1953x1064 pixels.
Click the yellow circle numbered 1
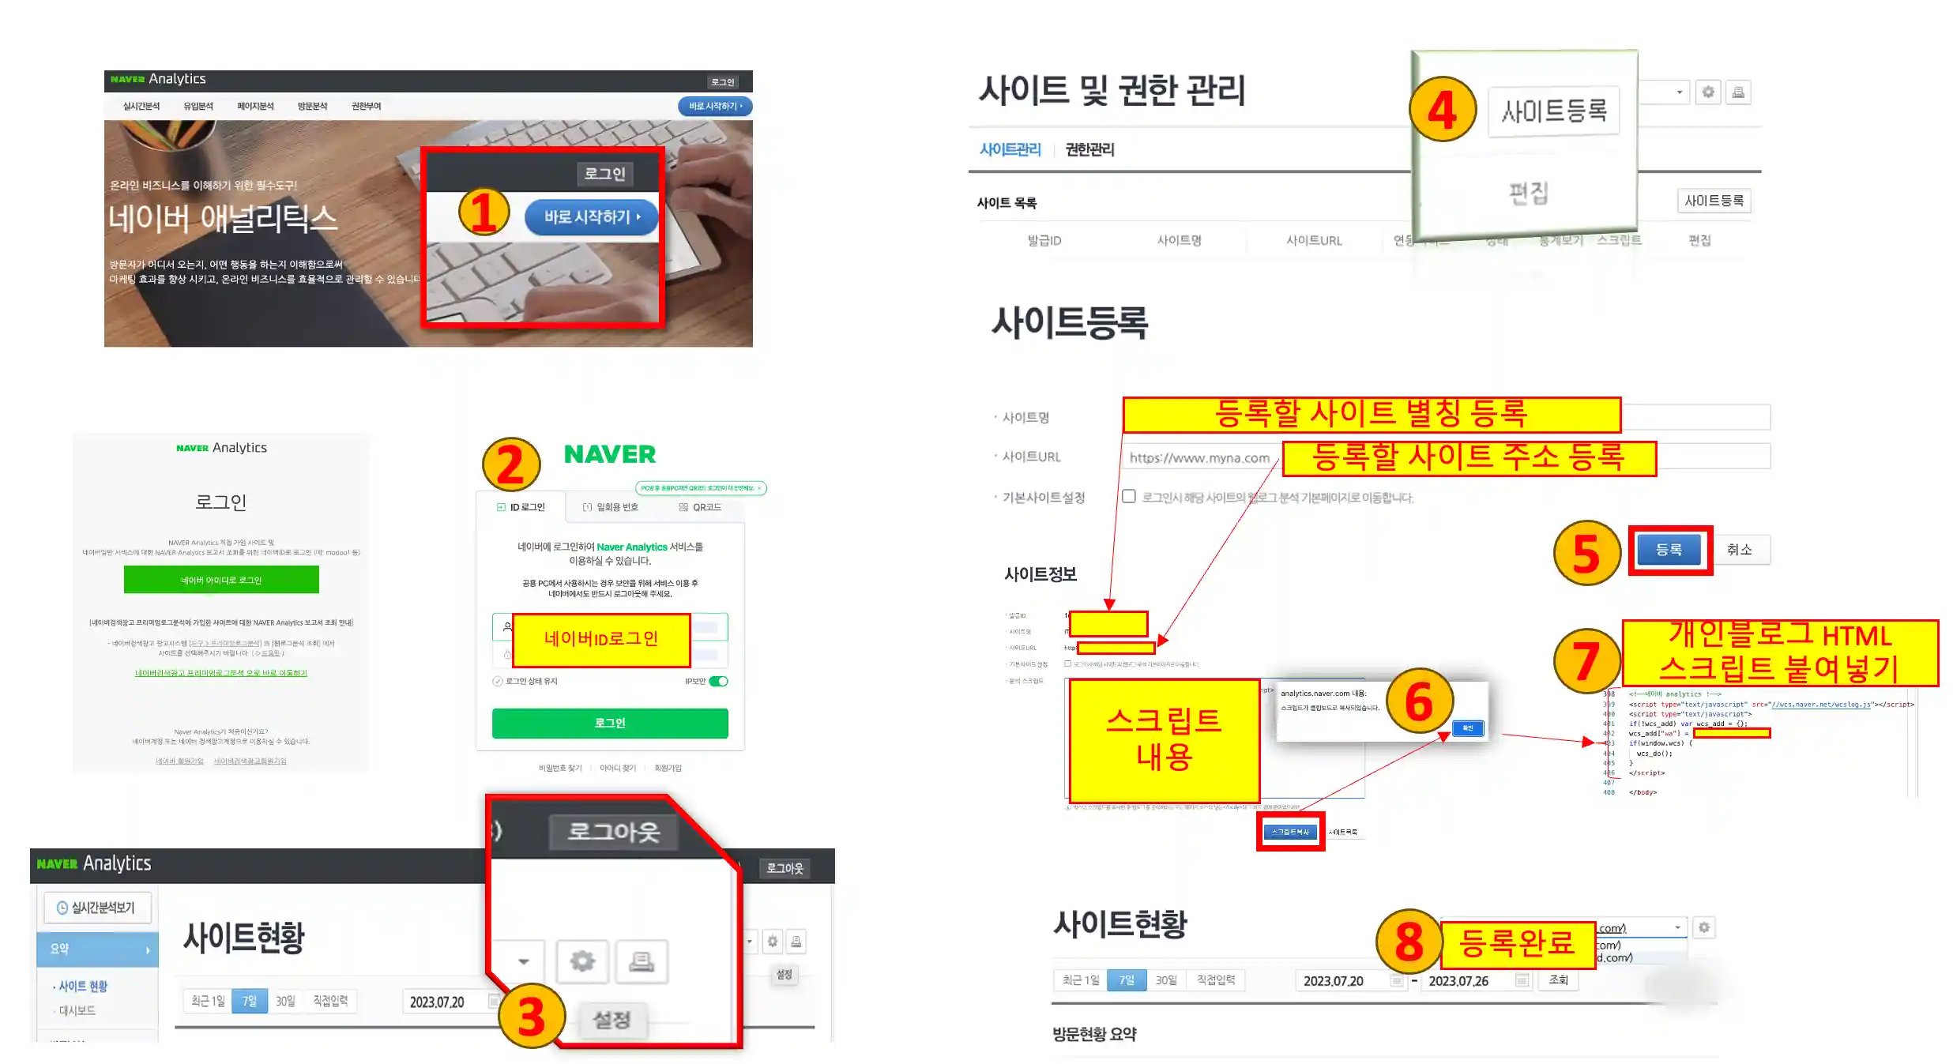pyautogui.click(x=484, y=212)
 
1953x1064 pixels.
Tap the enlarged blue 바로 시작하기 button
pyautogui.click(x=590, y=216)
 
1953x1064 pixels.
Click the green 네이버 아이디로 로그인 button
pyautogui.click(x=221, y=580)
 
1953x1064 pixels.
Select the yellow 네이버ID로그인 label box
pyautogui.click(x=600, y=639)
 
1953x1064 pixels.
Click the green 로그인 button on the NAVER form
pyautogui.click(x=609, y=723)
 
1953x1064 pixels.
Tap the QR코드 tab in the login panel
pyautogui.click(x=701, y=507)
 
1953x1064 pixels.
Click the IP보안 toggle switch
pyautogui.click(x=718, y=681)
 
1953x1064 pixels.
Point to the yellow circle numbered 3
pyautogui.click(x=532, y=1016)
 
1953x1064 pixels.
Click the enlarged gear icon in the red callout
pyautogui.click(x=582, y=961)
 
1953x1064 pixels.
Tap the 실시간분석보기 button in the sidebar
pyautogui.click(x=97, y=908)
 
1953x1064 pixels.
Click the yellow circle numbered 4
pyautogui.click(x=1442, y=110)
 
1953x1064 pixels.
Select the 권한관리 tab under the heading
pyautogui.click(x=1089, y=149)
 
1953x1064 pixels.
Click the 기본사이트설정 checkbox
pyautogui.click(x=1129, y=496)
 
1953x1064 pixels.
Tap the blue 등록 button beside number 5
pyautogui.click(x=1669, y=550)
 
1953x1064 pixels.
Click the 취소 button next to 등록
pyautogui.click(x=1739, y=550)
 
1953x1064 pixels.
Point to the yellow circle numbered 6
pyautogui.click(x=1419, y=701)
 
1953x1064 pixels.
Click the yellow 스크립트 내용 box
pyautogui.click(x=1164, y=739)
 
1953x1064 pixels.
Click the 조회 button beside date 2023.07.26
pyautogui.click(x=1558, y=979)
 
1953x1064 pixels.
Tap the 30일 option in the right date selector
pyautogui.click(x=1166, y=980)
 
